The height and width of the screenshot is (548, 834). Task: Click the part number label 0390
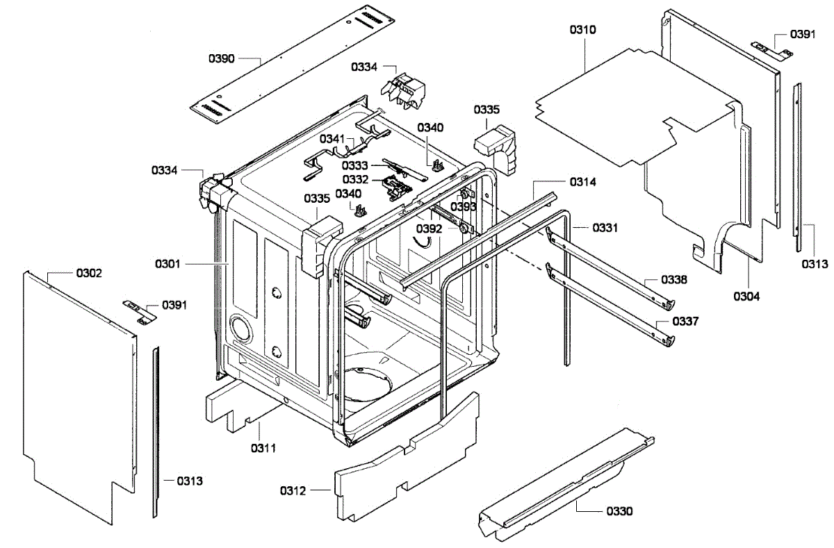point(222,59)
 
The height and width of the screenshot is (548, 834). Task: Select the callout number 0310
point(582,30)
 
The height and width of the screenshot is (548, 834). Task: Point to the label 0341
point(333,140)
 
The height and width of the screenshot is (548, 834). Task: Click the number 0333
point(354,165)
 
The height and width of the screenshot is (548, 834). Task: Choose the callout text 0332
point(354,180)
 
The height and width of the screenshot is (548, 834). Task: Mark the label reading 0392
point(430,228)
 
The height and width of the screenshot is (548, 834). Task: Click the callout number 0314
point(583,182)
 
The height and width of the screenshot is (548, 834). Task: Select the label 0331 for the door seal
point(605,228)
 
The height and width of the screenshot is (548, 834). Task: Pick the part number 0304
point(746,296)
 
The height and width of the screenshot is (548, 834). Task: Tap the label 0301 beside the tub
point(168,264)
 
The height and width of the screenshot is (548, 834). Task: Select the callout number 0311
point(263,448)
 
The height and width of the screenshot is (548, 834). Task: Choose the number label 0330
point(619,511)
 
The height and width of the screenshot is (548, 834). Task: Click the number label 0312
point(293,491)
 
